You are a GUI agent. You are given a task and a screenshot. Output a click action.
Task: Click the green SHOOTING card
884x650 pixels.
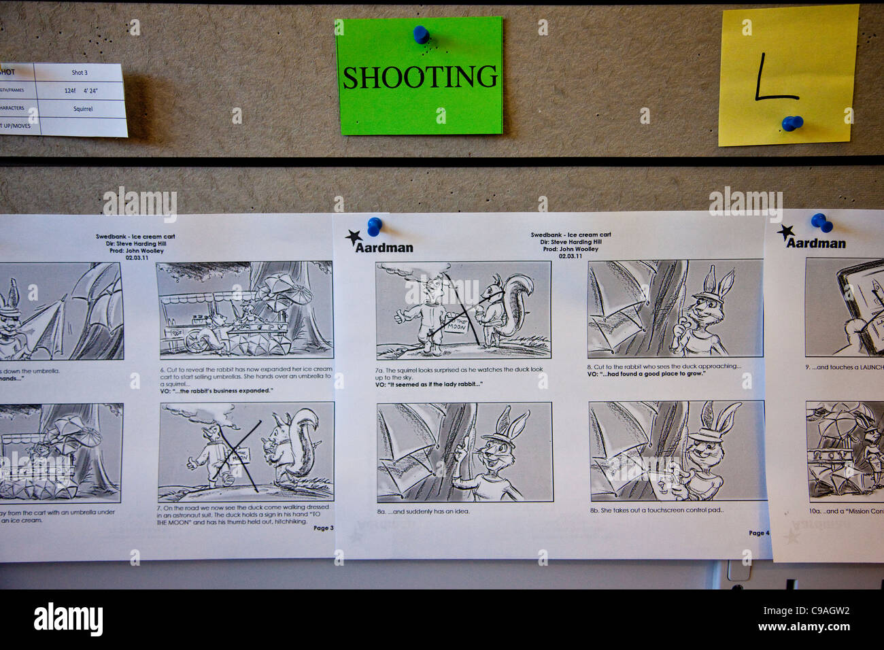pyautogui.click(x=419, y=76)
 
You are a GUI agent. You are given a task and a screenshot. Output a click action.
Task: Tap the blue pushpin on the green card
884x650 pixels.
pyautogui.click(x=421, y=33)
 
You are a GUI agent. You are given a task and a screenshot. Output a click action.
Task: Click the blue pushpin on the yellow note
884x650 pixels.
pyautogui.click(x=792, y=124)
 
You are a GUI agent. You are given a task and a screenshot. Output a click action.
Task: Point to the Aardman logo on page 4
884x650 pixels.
pyautogui.click(x=379, y=243)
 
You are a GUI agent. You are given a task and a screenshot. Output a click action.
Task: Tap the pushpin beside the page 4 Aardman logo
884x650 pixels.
pyautogui.click(x=374, y=225)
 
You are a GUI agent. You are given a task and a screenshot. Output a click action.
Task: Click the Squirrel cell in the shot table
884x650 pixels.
pyautogui.click(x=82, y=109)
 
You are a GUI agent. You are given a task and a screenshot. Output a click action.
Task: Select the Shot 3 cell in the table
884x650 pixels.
pyautogui.click(x=80, y=73)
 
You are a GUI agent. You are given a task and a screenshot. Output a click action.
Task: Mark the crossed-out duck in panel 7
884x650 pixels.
pyautogui.click(x=216, y=454)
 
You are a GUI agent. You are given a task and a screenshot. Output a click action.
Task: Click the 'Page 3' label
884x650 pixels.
pyautogui.click(x=323, y=528)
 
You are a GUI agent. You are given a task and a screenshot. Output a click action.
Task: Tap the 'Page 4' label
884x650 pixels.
pyautogui.click(x=759, y=533)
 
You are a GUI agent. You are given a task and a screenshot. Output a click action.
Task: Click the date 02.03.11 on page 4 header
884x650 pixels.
pyautogui.click(x=571, y=256)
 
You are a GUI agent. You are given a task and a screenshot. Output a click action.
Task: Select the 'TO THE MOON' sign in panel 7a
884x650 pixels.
pyautogui.click(x=456, y=325)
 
